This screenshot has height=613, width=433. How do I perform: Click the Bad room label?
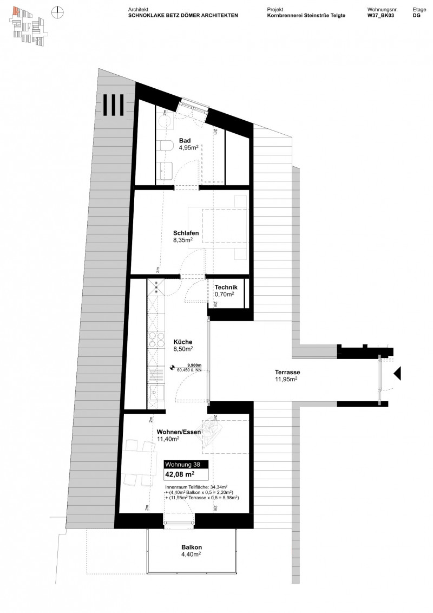click(185, 141)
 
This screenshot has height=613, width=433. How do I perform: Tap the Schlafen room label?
click(186, 233)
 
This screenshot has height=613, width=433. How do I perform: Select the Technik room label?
click(224, 288)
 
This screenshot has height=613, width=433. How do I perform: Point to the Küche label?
click(182, 342)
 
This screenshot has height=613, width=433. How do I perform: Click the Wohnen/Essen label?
click(179, 432)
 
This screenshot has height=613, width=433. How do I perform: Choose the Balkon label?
click(192, 547)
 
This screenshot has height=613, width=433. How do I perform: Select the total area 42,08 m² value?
click(179, 474)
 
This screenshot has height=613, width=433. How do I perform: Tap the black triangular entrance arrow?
click(397, 373)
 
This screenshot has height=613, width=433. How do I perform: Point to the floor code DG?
click(416, 16)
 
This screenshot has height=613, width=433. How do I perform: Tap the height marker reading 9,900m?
click(193, 366)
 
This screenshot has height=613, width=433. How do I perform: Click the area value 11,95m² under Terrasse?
click(286, 380)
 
